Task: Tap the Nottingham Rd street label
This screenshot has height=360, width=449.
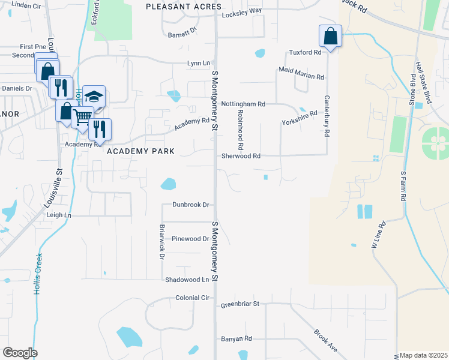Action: [x=243, y=104]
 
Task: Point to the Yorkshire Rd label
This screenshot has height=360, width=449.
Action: [x=299, y=118]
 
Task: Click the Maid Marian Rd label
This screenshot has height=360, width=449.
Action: [x=301, y=74]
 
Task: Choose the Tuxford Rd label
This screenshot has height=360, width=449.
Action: [x=306, y=52]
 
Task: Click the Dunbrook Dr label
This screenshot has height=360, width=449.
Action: [x=190, y=205]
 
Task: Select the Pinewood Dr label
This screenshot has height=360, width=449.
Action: [x=190, y=239]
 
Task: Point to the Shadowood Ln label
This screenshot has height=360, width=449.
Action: [x=187, y=280]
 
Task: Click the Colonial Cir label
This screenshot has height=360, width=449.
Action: [x=192, y=298]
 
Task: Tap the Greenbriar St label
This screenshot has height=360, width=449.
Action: [x=239, y=304]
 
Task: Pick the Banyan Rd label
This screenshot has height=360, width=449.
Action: [x=236, y=338]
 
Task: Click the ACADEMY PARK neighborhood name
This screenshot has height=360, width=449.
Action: [x=140, y=151]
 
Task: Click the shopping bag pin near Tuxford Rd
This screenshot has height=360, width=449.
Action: [x=330, y=37]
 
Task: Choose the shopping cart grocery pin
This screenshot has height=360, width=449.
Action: [x=83, y=116]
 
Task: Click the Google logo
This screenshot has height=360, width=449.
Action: [x=20, y=353]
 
